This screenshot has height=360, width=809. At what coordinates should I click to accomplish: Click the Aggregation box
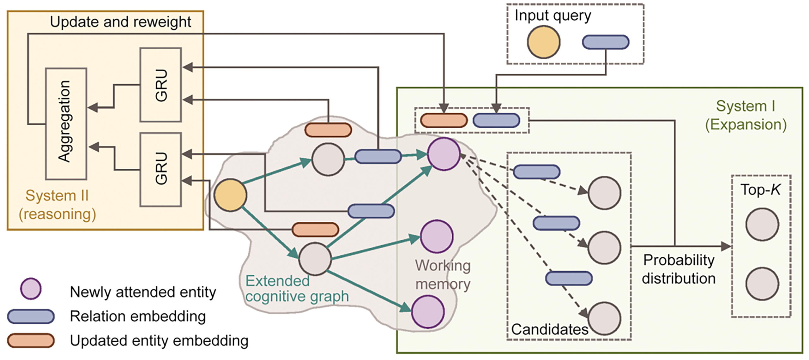66,123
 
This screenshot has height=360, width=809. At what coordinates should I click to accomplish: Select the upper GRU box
161,85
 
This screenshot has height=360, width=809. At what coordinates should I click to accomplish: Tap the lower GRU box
161,170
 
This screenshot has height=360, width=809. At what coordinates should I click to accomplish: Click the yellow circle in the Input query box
544,42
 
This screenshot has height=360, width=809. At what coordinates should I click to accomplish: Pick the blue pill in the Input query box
606,42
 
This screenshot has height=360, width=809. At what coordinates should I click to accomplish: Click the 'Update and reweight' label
120,22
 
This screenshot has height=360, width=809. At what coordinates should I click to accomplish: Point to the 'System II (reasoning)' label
57,205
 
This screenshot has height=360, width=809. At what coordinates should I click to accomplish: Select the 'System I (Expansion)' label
746,115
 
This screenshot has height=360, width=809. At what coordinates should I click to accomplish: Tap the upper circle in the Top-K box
762,224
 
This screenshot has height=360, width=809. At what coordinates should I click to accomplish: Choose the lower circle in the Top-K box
762,284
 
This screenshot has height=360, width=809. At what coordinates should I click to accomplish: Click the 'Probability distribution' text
679,269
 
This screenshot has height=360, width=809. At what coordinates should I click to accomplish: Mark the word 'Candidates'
550,329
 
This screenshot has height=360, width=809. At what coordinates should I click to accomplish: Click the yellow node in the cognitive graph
230,195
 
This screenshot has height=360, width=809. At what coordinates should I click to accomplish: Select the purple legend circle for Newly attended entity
31,289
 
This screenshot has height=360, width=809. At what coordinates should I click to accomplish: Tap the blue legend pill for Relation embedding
31,316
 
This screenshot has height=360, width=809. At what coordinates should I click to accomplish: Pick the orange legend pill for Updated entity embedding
31,341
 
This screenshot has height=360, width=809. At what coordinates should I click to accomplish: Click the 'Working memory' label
443,274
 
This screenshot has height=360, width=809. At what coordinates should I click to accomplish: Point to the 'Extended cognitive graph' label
297,289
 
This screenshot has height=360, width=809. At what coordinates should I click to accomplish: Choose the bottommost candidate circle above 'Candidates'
604,318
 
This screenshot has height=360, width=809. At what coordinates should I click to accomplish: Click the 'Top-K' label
760,189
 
